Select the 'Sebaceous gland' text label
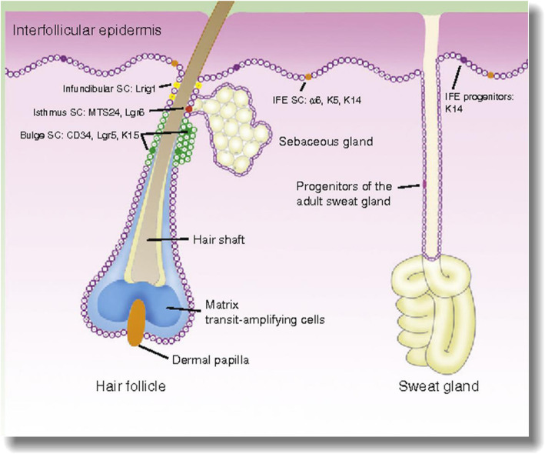314,142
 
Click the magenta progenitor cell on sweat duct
423,185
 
